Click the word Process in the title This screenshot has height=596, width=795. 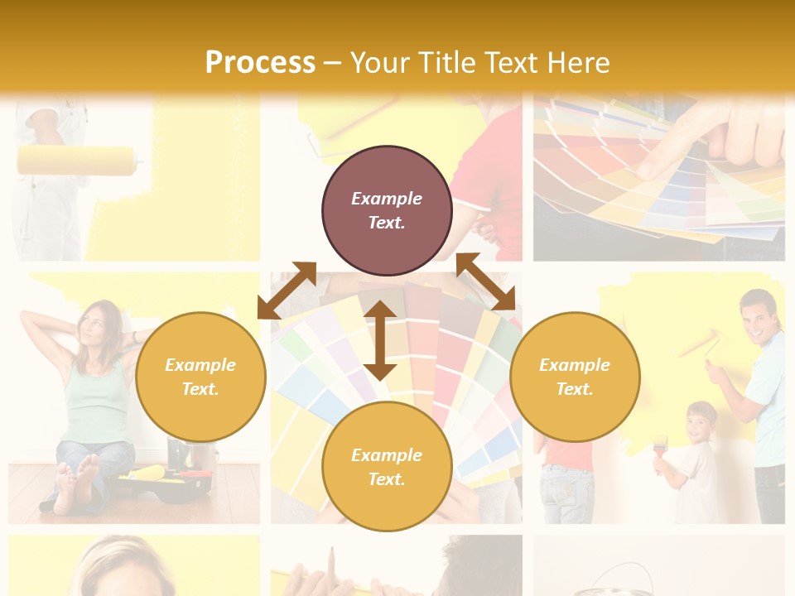pos(260,63)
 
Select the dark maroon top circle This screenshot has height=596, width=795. pos(387,211)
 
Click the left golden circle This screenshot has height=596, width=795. pos(200,377)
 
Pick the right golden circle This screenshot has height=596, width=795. pos(575,377)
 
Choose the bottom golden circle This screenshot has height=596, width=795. pos(387,467)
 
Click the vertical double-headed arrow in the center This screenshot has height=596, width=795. pos(380,340)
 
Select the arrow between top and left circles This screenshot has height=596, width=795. pos(287,290)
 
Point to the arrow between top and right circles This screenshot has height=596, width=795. pos(486,281)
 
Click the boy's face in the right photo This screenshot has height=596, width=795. pos(701,423)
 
